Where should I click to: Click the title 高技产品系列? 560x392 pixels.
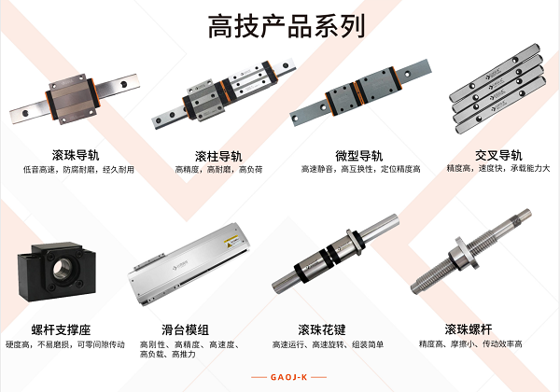pos(287,26)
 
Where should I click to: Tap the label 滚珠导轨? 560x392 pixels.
pos(76,155)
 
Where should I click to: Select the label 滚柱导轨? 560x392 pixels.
pos(218,156)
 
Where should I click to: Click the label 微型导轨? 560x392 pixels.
pos(359,156)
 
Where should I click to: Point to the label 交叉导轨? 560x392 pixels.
pos(498,155)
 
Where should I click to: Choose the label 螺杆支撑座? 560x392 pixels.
pos(61,329)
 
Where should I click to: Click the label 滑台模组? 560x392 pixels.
pos(185,329)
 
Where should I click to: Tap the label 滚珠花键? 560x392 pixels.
pos(322,329)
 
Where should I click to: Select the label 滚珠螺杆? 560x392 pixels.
pos(469,329)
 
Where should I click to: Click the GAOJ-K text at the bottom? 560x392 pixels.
pos(289,377)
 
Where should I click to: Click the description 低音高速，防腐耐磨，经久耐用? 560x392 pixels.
pos(78,170)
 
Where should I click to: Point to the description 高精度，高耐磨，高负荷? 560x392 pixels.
pos(218,170)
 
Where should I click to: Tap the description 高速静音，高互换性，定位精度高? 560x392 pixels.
pos(360,169)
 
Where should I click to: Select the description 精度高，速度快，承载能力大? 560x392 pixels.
pos(498,168)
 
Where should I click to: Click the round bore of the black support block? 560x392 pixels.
pos(63,269)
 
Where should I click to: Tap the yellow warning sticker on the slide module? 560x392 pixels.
pos(231,241)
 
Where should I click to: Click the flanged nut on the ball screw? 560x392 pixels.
pos(464,253)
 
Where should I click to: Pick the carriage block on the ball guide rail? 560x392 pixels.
pos(73,99)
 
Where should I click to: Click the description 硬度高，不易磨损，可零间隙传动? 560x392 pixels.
pos(65,344)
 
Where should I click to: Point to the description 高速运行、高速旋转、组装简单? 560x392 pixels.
pos(328,344)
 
